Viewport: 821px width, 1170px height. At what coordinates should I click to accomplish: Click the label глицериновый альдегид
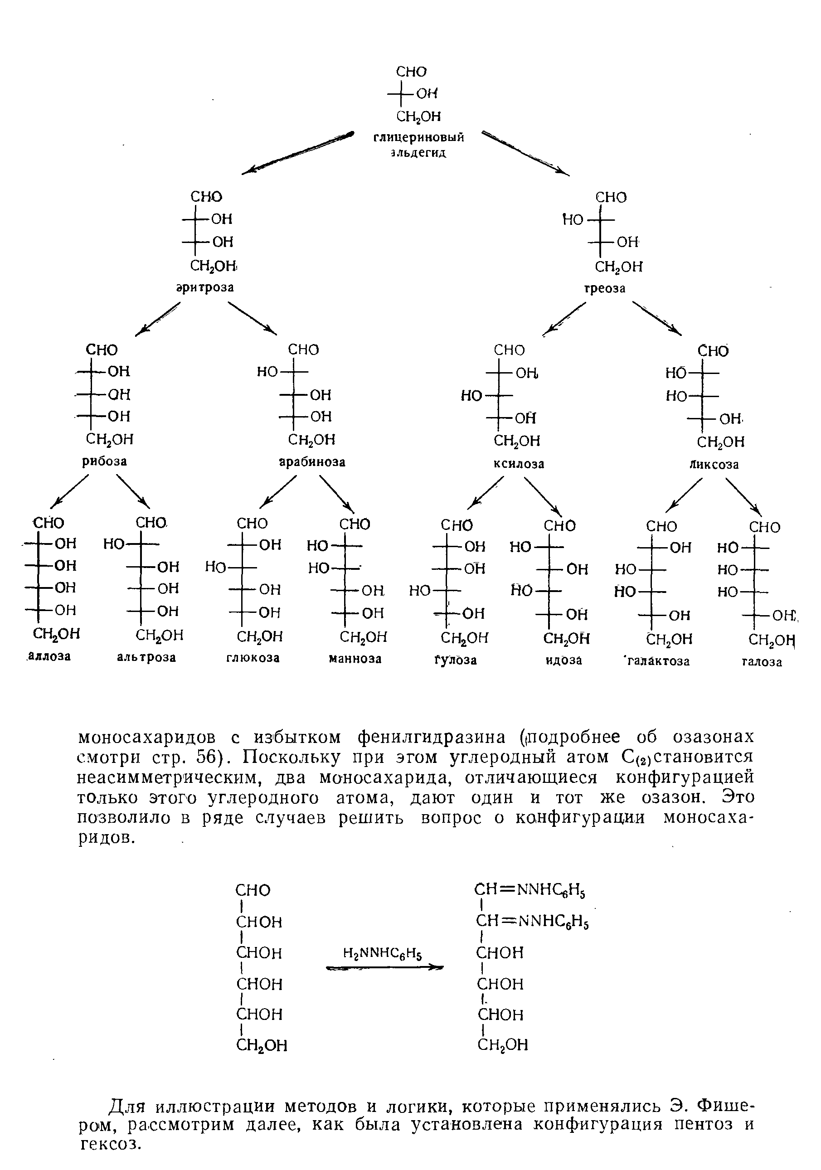coord(419,145)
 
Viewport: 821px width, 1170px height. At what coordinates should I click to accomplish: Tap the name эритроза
coord(205,288)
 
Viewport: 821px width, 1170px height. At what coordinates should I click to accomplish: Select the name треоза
coord(604,288)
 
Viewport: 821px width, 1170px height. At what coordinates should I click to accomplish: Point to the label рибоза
coord(104,461)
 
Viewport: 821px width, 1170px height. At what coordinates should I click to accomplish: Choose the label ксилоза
coord(519,464)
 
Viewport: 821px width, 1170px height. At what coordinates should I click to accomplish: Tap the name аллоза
coord(49,656)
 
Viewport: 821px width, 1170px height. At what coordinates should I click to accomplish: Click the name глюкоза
coord(253,658)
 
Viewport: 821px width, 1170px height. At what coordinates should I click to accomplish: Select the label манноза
coord(355,659)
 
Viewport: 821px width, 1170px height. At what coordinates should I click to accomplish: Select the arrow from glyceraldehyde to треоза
coord(526,154)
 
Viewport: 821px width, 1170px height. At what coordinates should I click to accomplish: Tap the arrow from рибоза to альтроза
coord(134,491)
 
